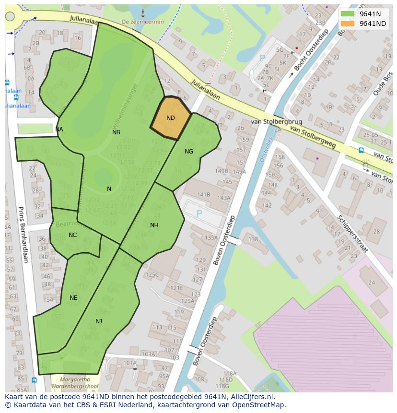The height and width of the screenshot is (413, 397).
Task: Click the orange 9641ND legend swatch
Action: pos(348,24)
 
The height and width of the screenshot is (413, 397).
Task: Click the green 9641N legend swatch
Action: pos(348,14)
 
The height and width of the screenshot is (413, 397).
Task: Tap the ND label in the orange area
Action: pos(171,118)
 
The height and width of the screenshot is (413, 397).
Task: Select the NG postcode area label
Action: pos(189,152)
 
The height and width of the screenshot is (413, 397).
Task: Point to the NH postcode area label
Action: pos(154,225)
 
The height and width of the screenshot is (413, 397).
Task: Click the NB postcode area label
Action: pos(116,132)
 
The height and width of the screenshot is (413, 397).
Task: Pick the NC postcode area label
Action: pos(72,235)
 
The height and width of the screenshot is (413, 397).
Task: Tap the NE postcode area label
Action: pos(73,298)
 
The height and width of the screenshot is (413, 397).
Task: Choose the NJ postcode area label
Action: pos(99,321)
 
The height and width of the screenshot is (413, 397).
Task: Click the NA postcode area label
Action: pos(59,130)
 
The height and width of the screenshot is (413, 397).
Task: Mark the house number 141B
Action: pos(204,194)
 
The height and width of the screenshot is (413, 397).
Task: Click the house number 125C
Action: pos(152,275)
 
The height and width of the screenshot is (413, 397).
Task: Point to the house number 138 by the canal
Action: pos(253,239)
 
